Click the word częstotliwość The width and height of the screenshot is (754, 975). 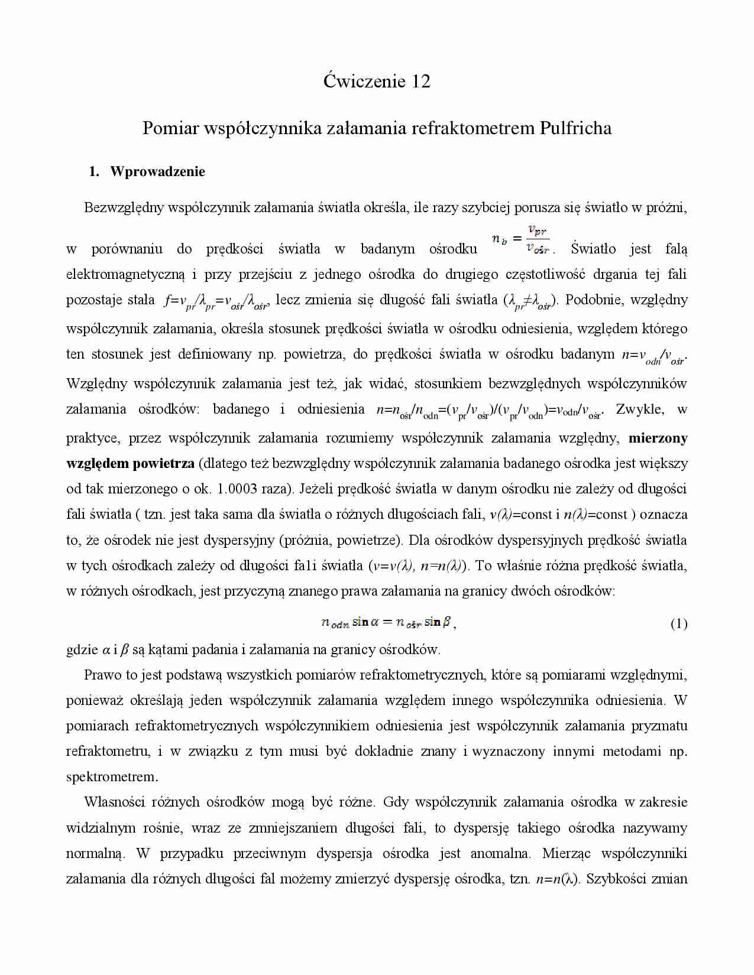[x=542, y=275]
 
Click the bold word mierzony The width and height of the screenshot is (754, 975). [x=658, y=438]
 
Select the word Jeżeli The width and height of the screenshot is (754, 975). [x=320, y=489]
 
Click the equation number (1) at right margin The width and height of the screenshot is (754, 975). [x=678, y=623]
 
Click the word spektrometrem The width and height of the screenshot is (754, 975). [x=112, y=777]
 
